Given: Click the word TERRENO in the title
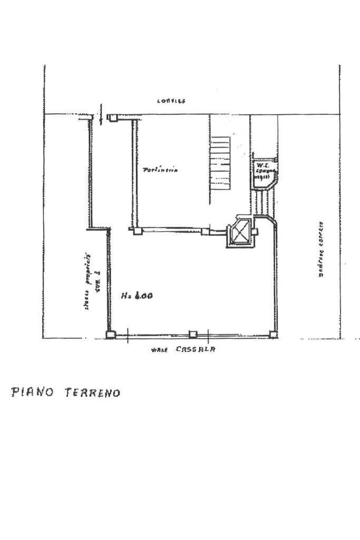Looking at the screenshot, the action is (92, 393).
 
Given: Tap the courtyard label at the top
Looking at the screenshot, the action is (171, 101).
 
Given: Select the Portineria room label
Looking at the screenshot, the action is (160, 170).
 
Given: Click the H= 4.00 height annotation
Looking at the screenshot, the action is (137, 296).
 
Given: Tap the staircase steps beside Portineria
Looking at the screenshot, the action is (221, 163).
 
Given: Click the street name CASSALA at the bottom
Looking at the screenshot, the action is (196, 349).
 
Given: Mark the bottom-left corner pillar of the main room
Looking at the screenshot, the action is (110, 335).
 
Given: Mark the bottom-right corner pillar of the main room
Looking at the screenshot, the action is (273, 333).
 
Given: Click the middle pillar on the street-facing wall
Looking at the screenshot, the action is (193, 335).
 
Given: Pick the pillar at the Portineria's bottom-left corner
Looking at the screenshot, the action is (137, 230).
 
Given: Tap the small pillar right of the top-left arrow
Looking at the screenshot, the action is (113, 118).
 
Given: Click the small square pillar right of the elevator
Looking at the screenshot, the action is (255, 231).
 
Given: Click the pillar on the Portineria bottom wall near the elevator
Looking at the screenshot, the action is (205, 231).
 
